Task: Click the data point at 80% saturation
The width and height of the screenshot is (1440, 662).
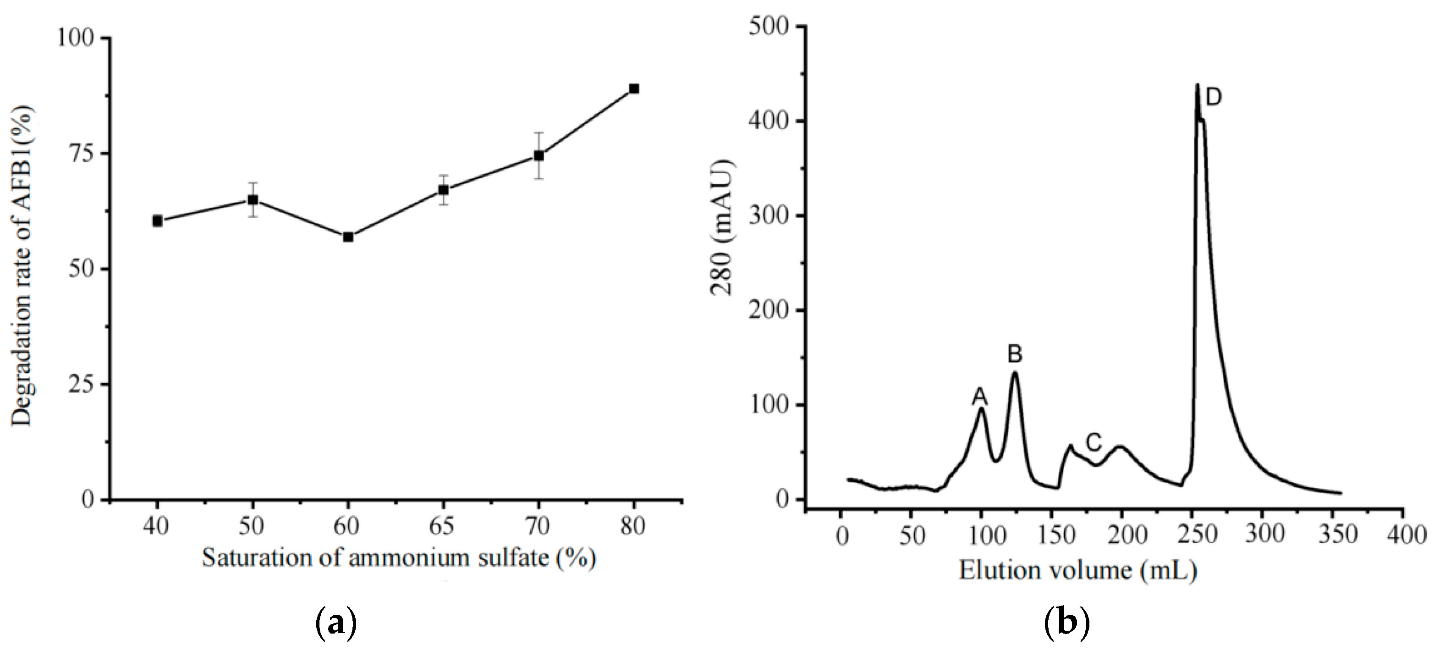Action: click(634, 89)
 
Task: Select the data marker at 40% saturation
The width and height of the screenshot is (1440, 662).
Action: click(157, 221)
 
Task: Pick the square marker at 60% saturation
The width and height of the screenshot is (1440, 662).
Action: click(348, 237)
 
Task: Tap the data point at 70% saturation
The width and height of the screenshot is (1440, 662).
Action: click(539, 155)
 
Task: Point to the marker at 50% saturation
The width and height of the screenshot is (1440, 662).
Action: click(253, 199)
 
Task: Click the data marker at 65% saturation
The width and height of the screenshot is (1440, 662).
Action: click(443, 190)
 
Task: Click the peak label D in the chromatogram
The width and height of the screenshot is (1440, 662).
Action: click(1214, 98)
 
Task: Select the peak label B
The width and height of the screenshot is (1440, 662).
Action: click(1015, 354)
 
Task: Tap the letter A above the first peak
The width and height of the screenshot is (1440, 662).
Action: click(979, 397)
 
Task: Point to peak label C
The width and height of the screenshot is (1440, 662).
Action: click(1094, 443)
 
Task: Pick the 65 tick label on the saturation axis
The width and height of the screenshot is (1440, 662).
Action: click(443, 526)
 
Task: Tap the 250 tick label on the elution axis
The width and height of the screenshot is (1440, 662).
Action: click(1198, 535)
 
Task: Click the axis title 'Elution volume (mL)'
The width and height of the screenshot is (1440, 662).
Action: click(1078, 571)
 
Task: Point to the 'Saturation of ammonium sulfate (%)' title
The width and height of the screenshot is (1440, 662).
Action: click(398, 558)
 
